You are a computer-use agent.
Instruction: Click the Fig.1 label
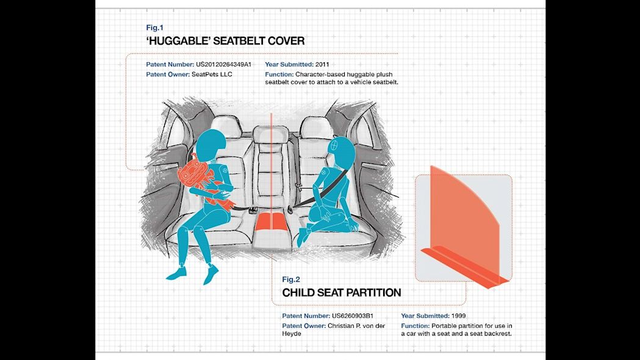click(154, 27)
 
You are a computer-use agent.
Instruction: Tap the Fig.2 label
click(291, 279)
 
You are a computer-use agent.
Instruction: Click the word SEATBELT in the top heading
click(238, 41)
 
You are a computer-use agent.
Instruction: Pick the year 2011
click(322, 64)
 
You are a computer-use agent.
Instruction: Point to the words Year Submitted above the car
click(289, 64)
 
